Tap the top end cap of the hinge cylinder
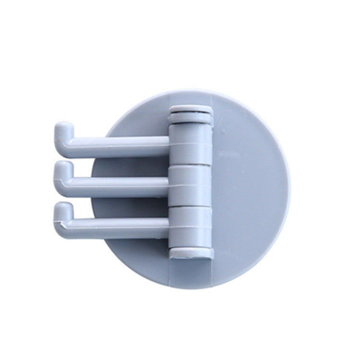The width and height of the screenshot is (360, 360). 191,113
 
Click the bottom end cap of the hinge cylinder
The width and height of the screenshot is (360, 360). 191,252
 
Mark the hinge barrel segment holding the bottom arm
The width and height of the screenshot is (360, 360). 191,226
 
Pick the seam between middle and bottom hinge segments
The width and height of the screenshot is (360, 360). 191,205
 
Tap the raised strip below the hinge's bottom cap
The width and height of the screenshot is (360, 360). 191,269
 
